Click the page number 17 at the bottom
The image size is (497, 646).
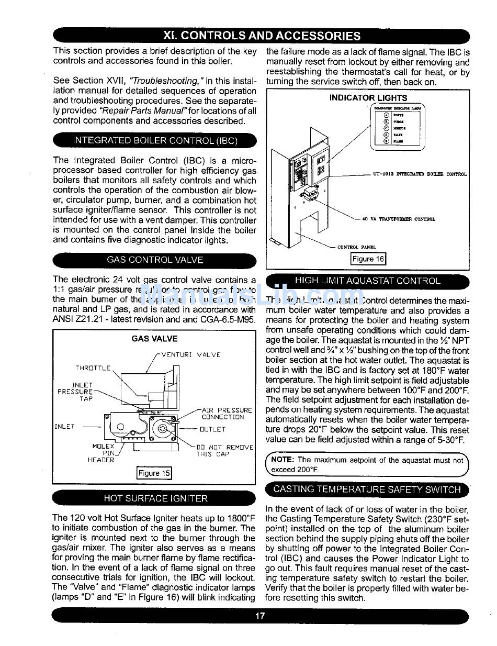(260, 616)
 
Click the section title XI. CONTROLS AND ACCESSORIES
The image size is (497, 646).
(262, 36)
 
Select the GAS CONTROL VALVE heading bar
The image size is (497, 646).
(155, 260)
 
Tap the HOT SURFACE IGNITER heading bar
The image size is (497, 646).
(155, 498)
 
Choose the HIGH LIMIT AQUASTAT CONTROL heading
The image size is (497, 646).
(368, 281)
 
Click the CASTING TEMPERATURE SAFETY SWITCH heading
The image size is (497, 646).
(367, 489)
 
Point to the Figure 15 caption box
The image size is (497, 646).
(154, 473)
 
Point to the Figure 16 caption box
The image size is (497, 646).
(368, 259)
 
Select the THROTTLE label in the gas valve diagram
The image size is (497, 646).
(93, 368)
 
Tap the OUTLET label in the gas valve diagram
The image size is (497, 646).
(212, 429)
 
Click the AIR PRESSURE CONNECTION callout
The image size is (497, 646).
(226, 414)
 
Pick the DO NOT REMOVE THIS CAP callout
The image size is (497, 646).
(224, 451)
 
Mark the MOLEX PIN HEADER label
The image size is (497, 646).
(103, 453)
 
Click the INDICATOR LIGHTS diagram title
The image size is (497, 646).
(368, 97)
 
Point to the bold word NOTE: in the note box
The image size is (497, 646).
(283, 460)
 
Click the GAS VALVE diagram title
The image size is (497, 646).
(154, 339)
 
